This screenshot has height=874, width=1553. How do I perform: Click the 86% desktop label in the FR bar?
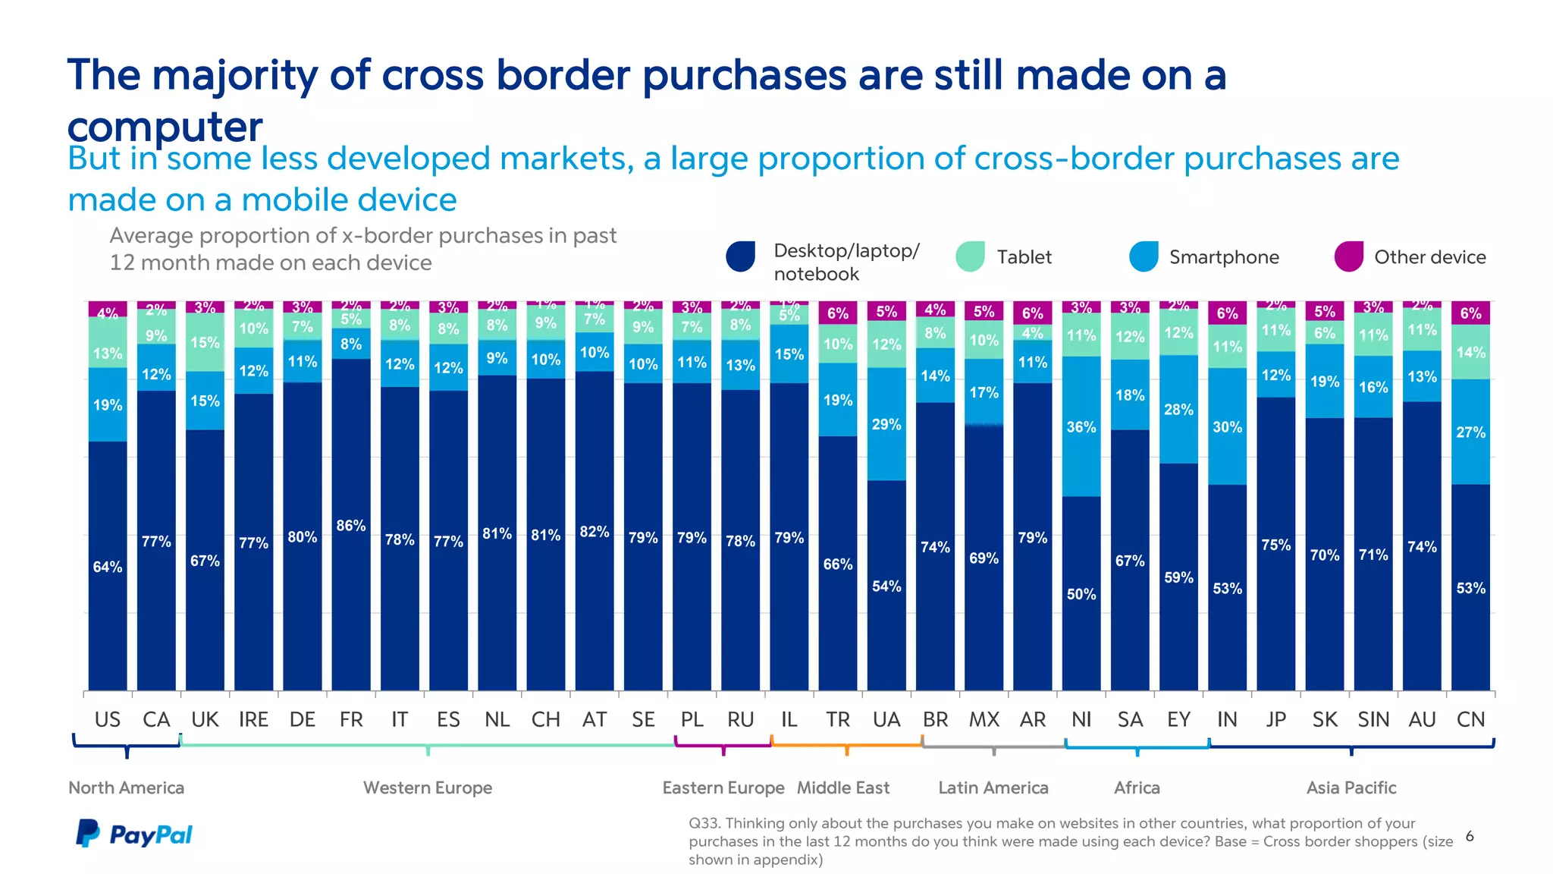(350, 525)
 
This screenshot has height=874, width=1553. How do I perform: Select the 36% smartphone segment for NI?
(1081, 426)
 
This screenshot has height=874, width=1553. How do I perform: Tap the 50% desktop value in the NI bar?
(1081, 594)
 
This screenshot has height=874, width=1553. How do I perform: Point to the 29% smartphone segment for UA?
(886, 424)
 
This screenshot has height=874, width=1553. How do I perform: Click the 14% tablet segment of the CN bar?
(1470, 352)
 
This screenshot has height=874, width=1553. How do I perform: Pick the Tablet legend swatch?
(970, 256)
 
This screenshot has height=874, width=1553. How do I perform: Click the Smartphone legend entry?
(1223, 257)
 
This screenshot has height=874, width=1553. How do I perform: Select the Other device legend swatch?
(1349, 256)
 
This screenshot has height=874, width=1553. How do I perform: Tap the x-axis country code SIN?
(1373, 719)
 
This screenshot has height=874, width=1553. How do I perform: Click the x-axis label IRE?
(253, 719)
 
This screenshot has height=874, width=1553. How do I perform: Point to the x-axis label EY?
(1178, 719)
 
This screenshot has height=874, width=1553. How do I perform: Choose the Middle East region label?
(842, 788)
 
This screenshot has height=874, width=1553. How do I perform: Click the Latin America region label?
(993, 788)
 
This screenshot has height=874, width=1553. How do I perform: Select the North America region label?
(126, 788)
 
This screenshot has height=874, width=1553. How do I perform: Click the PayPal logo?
(134, 834)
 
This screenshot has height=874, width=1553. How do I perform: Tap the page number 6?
(1470, 836)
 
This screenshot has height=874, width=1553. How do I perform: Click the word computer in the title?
(165, 126)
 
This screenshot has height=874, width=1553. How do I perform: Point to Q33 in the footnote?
(704, 823)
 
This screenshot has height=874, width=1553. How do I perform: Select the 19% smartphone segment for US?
(107, 404)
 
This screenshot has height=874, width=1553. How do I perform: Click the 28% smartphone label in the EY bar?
(1178, 410)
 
